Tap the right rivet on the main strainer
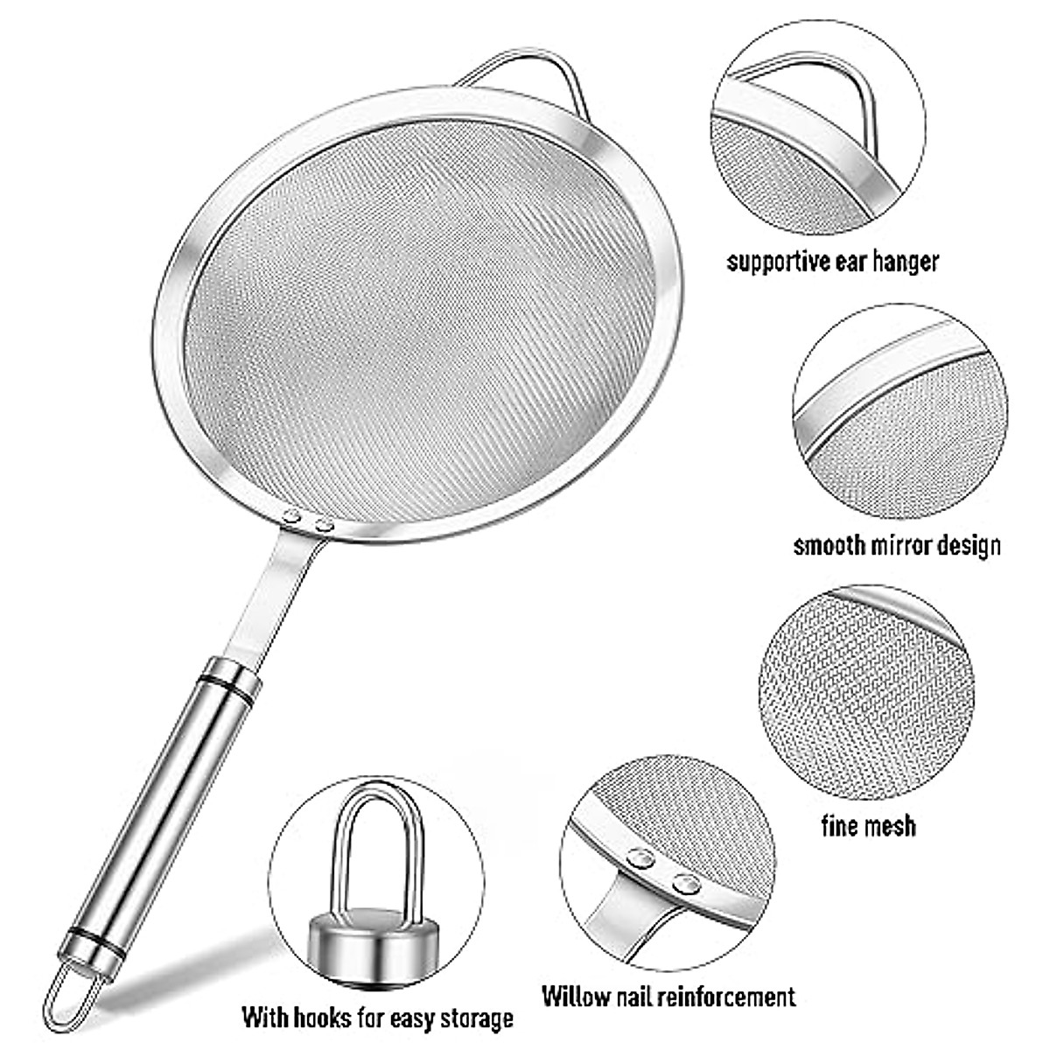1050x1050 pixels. click(x=325, y=527)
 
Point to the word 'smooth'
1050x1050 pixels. click(x=829, y=545)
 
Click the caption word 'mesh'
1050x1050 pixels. click(x=890, y=824)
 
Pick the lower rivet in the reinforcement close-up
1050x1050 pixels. click(x=687, y=884)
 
